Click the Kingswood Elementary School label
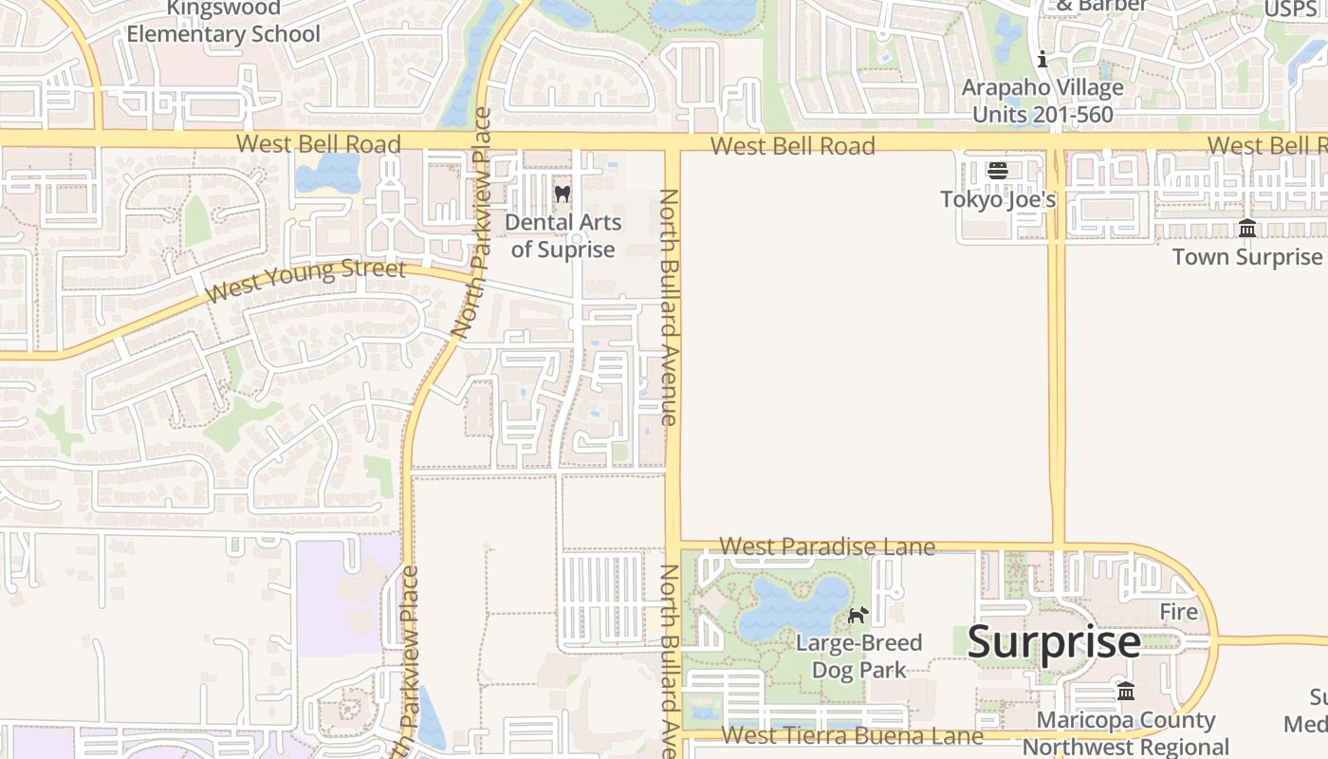[224, 22]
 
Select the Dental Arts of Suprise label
[563, 236]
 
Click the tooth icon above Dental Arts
[563, 194]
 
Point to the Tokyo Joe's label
[998, 199]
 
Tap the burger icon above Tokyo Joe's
[997, 171]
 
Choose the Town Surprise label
[1246, 256]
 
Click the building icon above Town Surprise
[1247, 229]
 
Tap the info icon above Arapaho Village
[1042, 60]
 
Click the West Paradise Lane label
[827, 546]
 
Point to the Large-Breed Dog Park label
[858, 656]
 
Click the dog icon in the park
[858, 615]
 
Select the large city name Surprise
[1054, 642]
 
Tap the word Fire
[1179, 612]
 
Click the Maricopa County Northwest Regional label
[1126, 733]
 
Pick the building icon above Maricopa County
[1126, 691]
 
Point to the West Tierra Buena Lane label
[852, 736]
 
